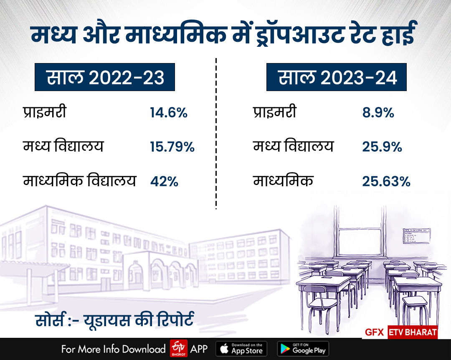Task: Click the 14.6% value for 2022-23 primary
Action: tap(169, 113)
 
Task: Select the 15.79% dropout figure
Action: tap(172, 147)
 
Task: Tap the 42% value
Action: tap(164, 182)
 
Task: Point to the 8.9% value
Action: tap(378, 113)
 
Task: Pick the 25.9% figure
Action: tap(382, 147)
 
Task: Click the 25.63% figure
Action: tap(386, 182)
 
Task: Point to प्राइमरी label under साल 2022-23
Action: tap(44, 113)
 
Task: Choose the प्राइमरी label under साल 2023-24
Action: tap(275, 113)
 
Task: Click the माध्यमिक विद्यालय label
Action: tap(79, 182)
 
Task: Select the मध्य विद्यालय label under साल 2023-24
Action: tap(293, 147)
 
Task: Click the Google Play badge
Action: tap(303, 348)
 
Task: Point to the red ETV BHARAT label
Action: tap(413, 332)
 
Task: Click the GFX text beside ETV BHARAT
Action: tap(375, 333)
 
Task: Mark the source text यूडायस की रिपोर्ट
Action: tap(138, 323)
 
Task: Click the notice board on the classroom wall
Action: tap(417, 236)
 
